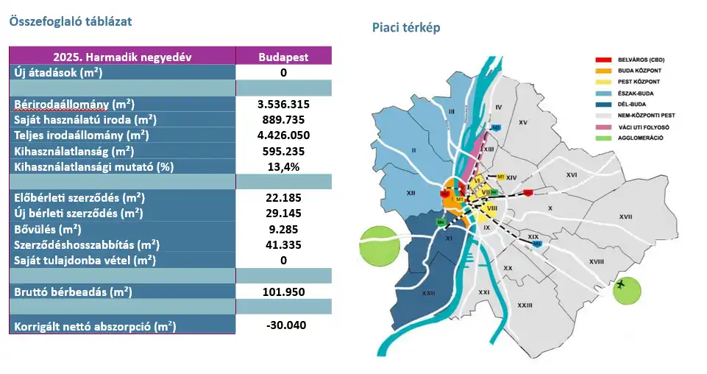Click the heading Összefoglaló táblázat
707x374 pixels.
point(70,21)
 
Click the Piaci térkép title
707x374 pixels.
point(406,28)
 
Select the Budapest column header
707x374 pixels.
point(283,57)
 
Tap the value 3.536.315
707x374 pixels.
point(283,105)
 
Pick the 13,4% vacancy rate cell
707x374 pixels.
point(283,166)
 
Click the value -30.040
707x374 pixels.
point(283,325)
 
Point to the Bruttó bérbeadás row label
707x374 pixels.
point(73,292)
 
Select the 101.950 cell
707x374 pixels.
point(283,292)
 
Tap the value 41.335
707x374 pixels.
point(283,244)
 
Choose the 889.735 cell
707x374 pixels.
point(283,120)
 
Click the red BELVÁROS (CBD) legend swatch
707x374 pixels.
point(603,59)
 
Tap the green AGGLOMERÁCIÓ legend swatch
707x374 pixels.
point(603,138)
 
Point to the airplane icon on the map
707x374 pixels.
point(623,283)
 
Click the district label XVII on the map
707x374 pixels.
point(626,216)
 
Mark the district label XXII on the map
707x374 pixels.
point(406,293)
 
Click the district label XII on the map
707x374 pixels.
point(412,193)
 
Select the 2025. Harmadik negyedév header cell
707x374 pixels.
point(122,57)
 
